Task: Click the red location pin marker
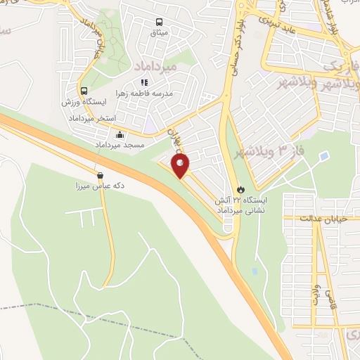click(181, 166)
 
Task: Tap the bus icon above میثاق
click(160, 22)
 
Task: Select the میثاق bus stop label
click(160, 33)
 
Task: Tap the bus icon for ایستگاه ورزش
click(84, 91)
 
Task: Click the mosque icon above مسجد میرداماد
click(120, 134)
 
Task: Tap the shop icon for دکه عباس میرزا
click(99, 175)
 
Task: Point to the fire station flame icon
click(240, 189)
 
